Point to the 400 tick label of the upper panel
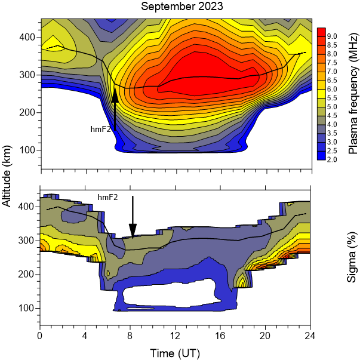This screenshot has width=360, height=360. click(x=26, y=37)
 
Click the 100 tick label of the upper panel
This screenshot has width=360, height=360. click(x=26, y=149)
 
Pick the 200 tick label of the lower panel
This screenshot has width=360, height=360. click(x=26, y=274)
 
